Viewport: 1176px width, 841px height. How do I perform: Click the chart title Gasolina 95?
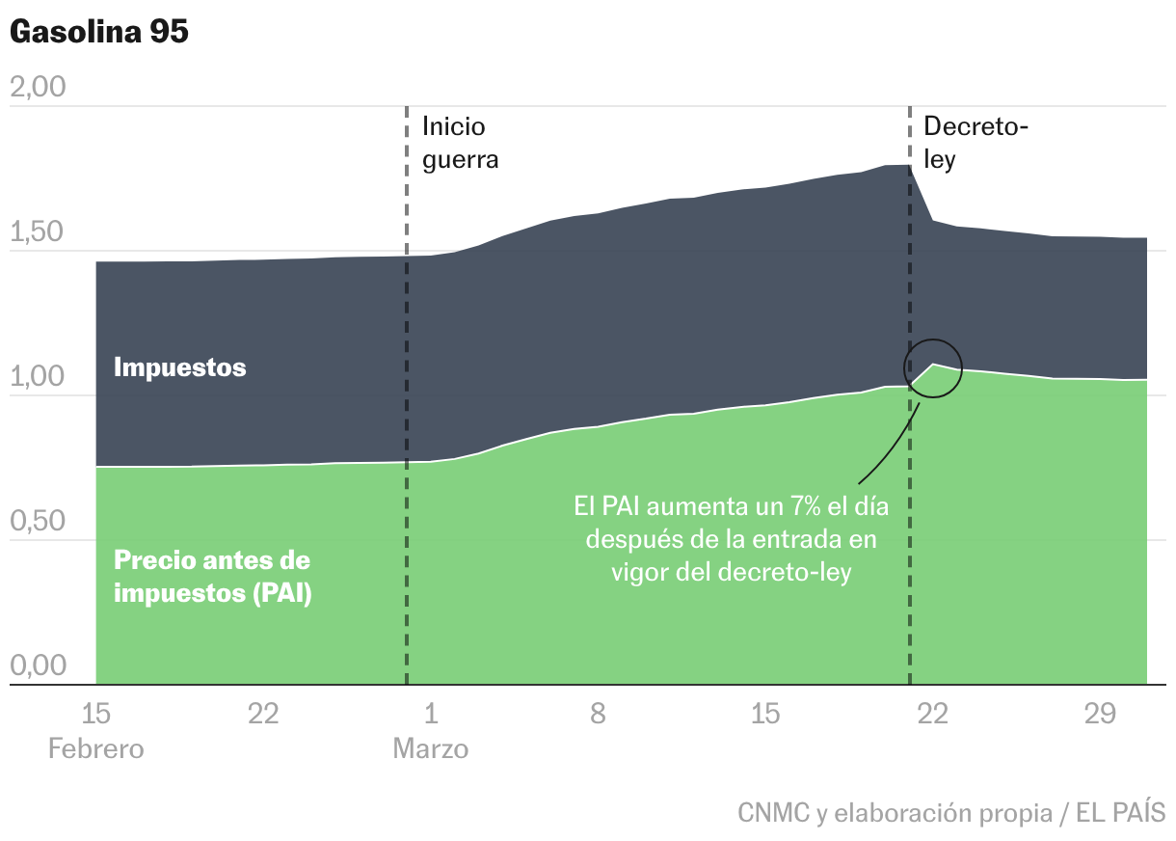(x=99, y=31)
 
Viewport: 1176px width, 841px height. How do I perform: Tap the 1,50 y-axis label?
(x=37, y=232)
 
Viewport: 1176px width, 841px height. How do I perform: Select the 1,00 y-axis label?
(x=37, y=377)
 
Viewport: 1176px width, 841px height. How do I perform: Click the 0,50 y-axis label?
(x=37, y=522)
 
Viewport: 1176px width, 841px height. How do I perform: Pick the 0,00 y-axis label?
(x=37, y=666)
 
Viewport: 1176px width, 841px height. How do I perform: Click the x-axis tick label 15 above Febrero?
(x=95, y=715)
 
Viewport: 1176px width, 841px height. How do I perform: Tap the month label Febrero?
(x=95, y=749)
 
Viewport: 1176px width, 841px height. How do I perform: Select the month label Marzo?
(x=430, y=749)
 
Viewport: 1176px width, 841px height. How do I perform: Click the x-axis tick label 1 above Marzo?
(x=431, y=715)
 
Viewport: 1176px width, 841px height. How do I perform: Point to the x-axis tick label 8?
(x=598, y=715)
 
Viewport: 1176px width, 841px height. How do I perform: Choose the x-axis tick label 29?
(x=1100, y=715)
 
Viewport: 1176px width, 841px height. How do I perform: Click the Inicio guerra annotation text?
(x=460, y=143)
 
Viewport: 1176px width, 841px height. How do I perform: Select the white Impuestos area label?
(x=179, y=367)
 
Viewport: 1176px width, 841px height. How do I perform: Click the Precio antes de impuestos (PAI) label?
(x=212, y=577)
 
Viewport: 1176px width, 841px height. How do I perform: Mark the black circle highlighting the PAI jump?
(x=932, y=368)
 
